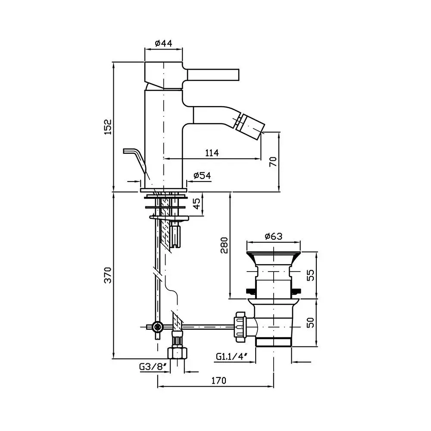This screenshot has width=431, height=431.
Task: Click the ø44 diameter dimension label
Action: tap(163, 43)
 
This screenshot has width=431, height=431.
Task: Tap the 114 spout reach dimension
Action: tap(212, 153)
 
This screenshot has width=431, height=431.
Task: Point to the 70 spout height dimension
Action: tap(273, 162)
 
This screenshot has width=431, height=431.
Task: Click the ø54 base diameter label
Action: tap(202, 175)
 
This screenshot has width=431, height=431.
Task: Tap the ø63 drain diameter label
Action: tap(274, 236)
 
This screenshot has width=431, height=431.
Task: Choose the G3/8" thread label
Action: tap(153, 366)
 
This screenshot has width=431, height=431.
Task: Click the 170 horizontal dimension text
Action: tap(219, 381)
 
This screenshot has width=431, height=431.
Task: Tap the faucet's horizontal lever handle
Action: tap(213, 75)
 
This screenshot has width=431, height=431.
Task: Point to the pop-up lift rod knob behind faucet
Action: tap(134, 158)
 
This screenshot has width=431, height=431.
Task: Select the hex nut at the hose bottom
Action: tap(177, 353)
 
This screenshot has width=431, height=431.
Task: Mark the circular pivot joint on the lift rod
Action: tap(158, 327)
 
